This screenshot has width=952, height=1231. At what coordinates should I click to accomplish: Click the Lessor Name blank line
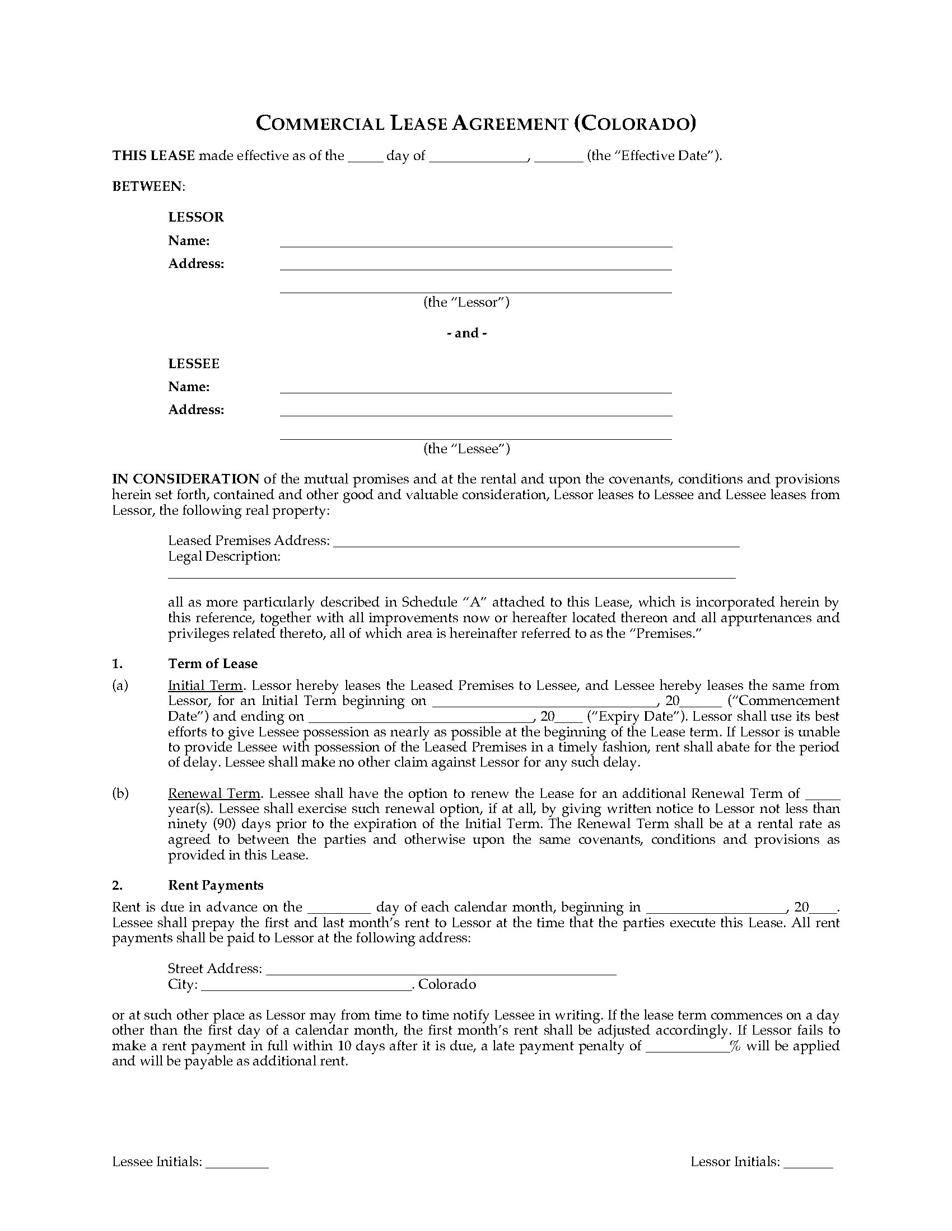(476, 242)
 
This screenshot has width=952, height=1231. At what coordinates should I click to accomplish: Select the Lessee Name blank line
(476, 388)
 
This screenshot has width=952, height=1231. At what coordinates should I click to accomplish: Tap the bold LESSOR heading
(195, 217)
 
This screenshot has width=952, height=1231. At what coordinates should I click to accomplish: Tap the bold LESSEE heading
(193, 364)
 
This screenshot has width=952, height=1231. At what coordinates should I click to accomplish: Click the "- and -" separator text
(466, 333)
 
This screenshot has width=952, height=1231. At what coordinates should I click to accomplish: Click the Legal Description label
(224, 556)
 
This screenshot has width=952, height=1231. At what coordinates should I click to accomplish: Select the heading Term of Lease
(213, 664)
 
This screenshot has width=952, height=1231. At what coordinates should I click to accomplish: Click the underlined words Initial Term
(206, 685)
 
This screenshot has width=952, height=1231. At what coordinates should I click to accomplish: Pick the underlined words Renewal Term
(214, 793)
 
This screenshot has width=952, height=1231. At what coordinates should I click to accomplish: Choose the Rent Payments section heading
(216, 885)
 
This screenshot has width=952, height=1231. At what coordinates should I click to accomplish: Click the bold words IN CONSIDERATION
(185, 479)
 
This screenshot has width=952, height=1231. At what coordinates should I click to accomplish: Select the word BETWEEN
(148, 186)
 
